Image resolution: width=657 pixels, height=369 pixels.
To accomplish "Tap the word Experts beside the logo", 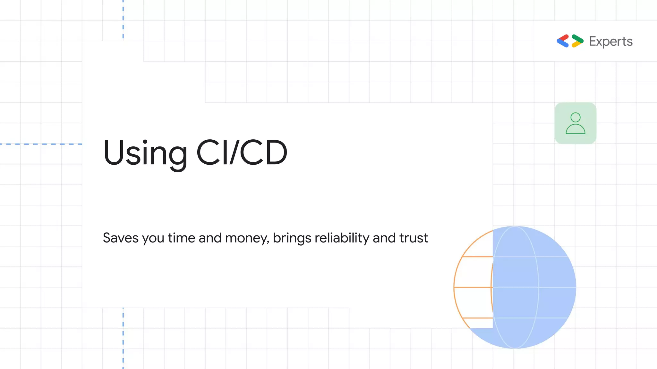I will click(x=611, y=42).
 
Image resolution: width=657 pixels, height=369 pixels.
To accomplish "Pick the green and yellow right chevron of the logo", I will click(x=577, y=41).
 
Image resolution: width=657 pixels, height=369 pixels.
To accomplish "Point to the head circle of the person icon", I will click(x=576, y=117).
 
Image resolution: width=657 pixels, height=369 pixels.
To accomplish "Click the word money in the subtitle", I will click(x=246, y=238).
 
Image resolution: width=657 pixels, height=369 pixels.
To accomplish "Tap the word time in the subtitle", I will click(x=181, y=238).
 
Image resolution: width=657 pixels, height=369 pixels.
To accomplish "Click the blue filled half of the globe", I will click(x=539, y=288).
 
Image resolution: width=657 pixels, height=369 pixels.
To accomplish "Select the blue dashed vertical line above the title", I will click(x=123, y=19).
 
